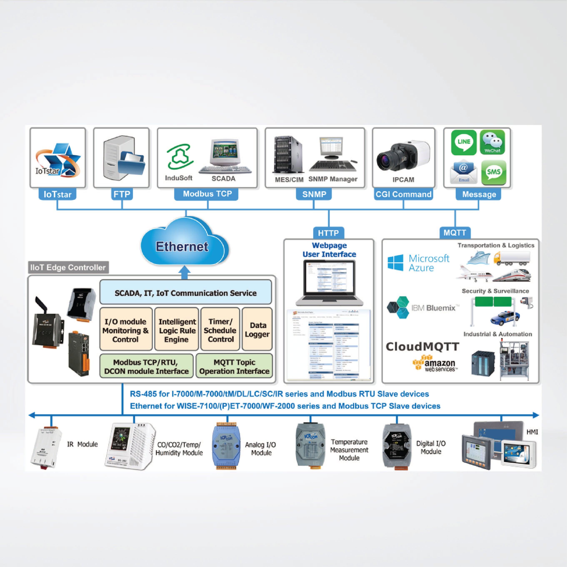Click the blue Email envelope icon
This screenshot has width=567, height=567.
(x=464, y=172)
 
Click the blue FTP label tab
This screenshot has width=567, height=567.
(x=122, y=194)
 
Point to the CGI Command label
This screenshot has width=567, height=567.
(x=403, y=194)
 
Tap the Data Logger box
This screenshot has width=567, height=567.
(x=257, y=329)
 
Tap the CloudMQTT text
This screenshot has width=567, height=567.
(x=422, y=347)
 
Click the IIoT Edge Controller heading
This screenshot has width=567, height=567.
(x=68, y=267)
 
